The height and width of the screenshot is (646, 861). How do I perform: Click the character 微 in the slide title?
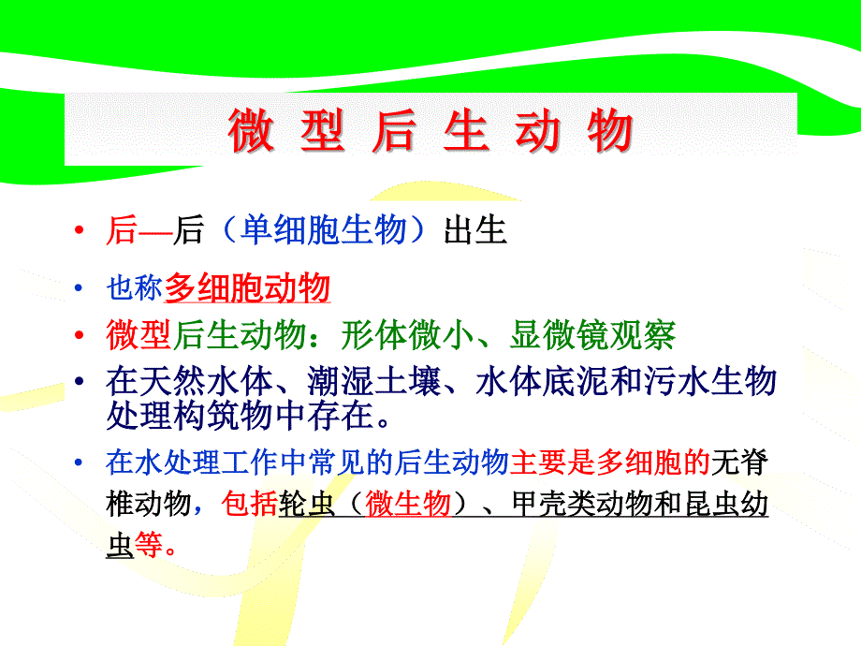251,130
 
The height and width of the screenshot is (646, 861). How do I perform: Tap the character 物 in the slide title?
610,130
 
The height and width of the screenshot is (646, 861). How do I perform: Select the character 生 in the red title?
466,130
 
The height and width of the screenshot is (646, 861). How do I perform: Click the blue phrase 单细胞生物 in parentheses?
324,229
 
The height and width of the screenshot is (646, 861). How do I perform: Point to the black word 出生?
475,229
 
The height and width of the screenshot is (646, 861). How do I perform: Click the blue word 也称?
135,287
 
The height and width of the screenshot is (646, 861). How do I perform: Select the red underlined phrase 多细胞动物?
247,287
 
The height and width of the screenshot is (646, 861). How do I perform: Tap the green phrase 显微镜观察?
592,334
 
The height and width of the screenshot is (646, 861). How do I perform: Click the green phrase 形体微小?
407,334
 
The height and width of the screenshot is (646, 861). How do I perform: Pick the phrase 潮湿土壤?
374,381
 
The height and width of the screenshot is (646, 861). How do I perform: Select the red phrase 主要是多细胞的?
610,462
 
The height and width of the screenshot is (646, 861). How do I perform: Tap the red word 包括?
250,503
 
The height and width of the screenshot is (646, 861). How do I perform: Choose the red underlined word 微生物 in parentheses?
408,503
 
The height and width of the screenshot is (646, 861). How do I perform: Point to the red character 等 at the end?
149,545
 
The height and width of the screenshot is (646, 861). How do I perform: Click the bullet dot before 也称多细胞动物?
79,287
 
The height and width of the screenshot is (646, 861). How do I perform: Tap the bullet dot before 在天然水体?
79,381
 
